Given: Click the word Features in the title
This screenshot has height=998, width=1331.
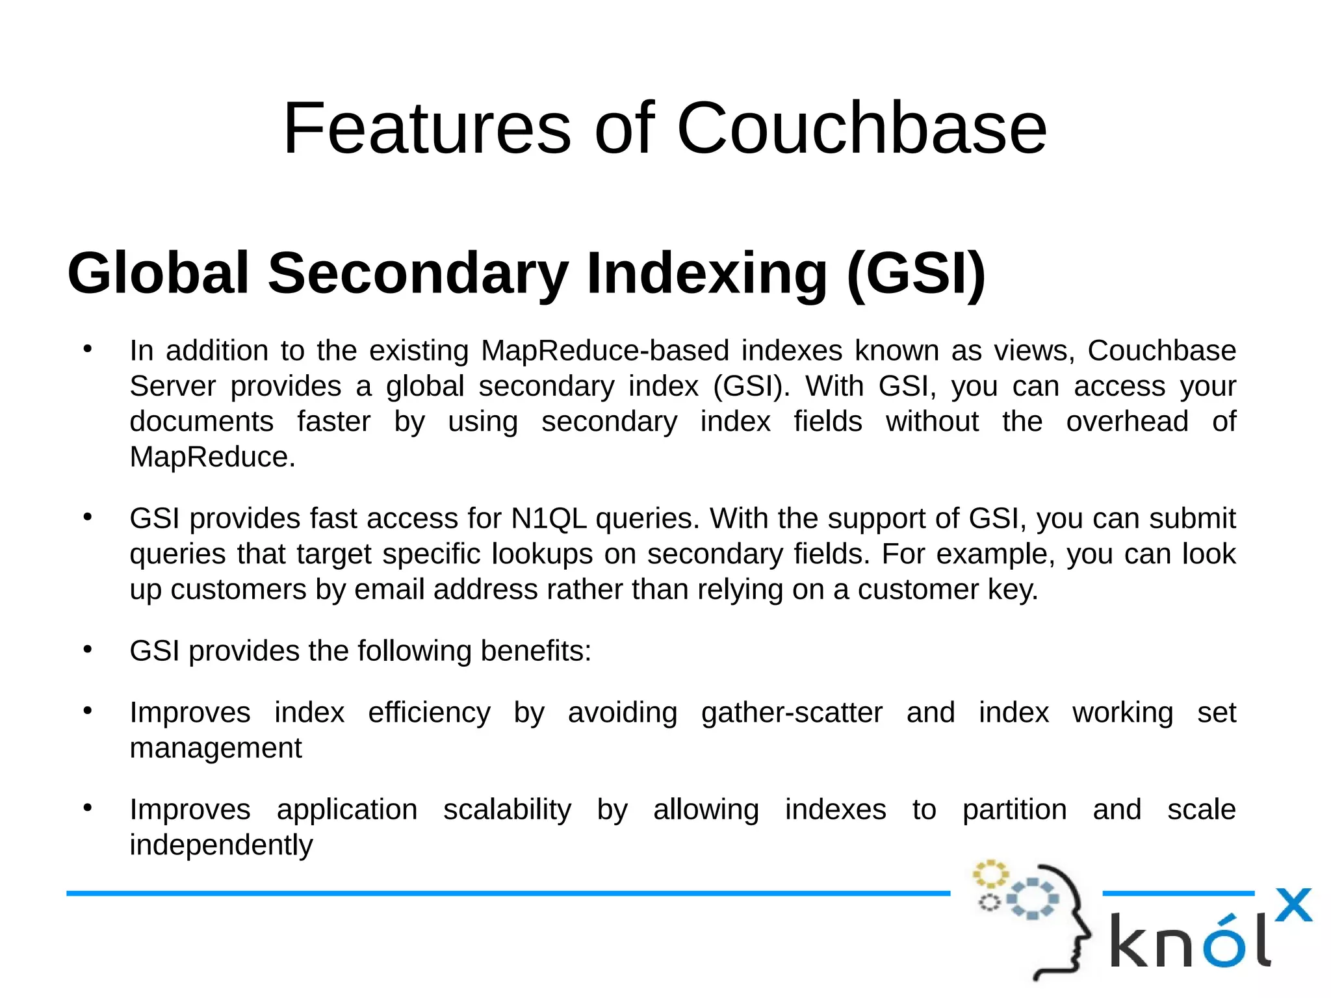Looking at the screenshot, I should [427, 128].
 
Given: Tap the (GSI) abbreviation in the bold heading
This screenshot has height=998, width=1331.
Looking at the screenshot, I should [916, 273].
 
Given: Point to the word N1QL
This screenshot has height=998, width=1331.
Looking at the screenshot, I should [549, 518].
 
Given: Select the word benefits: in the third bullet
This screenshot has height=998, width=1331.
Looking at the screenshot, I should [536, 650].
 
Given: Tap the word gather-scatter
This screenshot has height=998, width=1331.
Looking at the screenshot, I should [792, 712].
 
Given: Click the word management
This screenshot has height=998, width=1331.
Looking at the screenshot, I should [216, 748].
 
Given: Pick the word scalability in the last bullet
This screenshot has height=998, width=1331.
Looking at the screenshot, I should [507, 810].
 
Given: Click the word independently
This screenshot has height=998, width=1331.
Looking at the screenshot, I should [221, 845].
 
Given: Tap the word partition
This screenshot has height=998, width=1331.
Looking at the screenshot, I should [1014, 810].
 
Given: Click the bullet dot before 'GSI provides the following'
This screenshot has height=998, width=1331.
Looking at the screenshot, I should [88, 649].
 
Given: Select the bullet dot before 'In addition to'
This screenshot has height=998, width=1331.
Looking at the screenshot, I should [88, 349].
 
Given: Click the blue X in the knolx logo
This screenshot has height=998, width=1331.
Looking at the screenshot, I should [1293, 905].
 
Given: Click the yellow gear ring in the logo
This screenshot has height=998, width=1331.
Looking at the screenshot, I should [990, 874].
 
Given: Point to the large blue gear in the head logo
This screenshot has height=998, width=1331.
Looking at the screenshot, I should [1032, 899].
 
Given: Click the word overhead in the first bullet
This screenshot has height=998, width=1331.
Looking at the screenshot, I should [1127, 422].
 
